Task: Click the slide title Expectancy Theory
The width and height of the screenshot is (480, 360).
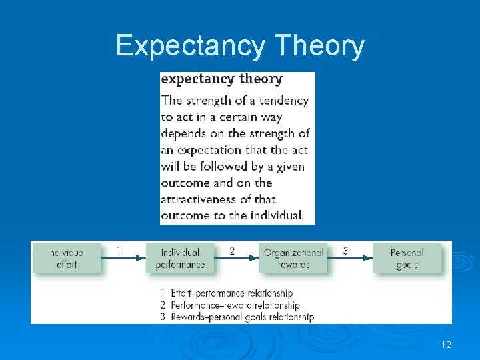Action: [x=240, y=46]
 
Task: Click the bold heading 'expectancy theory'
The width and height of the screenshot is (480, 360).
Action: [x=221, y=79]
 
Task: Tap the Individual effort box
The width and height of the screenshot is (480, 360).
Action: [x=67, y=258]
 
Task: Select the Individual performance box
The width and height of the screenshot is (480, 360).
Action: [x=180, y=258]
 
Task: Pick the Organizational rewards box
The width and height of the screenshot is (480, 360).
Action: [x=294, y=258]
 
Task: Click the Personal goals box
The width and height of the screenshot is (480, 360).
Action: [x=407, y=258]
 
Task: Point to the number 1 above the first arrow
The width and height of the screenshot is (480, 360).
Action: [x=119, y=251]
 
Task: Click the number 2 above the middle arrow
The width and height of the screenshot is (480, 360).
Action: [x=232, y=251]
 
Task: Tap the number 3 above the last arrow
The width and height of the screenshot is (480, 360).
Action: [x=345, y=251]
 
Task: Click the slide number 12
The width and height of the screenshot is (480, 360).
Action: [x=446, y=345]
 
